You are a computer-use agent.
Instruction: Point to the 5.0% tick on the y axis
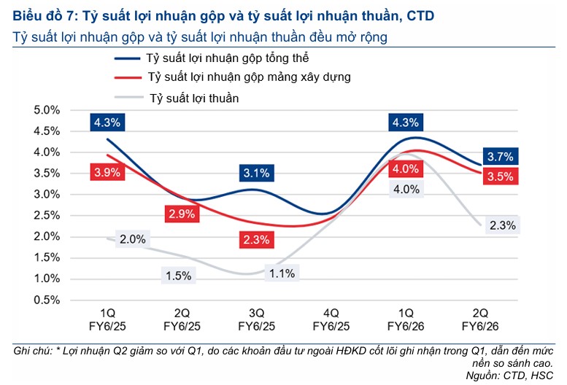click(x=45, y=110)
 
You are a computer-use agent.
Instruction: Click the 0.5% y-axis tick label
click(x=45, y=300)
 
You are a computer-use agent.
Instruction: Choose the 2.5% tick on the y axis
click(x=45, y=215)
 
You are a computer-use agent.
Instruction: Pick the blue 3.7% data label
click(x=501, y=156)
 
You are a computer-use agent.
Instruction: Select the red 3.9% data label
click(x=107, y=172)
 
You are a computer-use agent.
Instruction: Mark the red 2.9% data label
click(x=182, y=214)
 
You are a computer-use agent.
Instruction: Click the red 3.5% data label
click(x=502, y=176)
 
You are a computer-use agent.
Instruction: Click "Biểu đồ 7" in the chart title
click(x=43, y=15)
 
